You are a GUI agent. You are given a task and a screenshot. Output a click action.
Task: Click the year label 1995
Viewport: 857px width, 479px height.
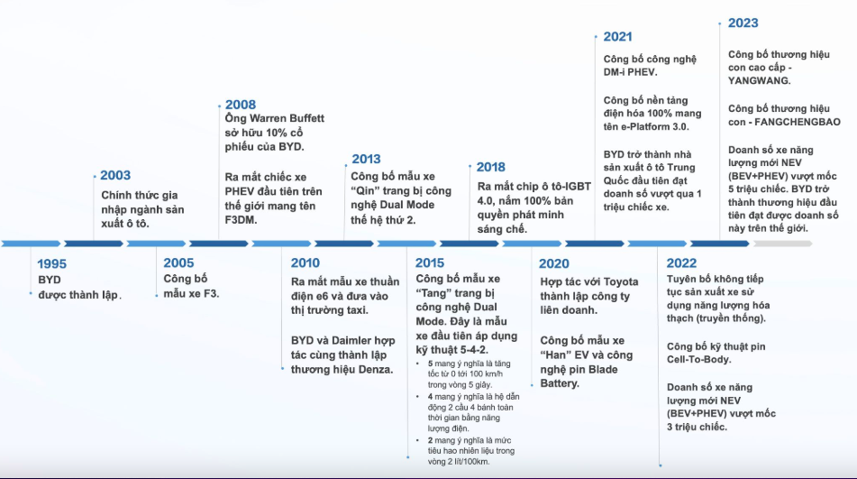pos(52,263)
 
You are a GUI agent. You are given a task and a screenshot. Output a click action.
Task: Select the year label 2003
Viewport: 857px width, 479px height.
pos(115,175)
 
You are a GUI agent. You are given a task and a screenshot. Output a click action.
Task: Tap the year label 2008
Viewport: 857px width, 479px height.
pos(241,105)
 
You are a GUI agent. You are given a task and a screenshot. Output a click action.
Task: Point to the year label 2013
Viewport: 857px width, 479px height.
pos(366,159)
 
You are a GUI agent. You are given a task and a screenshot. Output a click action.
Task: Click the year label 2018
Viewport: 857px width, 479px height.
pos(491,167)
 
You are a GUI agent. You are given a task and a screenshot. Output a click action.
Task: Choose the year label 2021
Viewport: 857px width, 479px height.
pos(617,37)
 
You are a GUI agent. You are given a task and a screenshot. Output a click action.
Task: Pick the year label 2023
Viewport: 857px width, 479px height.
pos(743,23)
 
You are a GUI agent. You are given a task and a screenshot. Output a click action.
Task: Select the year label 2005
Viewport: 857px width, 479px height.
pos(178,263)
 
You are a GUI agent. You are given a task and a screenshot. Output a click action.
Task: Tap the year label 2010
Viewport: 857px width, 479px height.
pos(305,263)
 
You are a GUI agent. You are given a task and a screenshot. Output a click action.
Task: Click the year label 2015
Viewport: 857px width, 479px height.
pos(430,263)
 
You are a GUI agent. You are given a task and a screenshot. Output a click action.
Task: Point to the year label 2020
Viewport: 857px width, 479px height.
pos(554,263)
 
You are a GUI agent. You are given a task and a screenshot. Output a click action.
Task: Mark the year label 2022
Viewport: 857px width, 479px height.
pos(681,263)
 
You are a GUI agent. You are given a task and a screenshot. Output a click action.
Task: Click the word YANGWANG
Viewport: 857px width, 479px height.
pos(759,80)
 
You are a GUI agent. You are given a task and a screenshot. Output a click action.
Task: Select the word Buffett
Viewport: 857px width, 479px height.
pos(305,118)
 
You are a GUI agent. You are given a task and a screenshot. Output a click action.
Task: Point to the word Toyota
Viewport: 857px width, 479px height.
pos(621,281)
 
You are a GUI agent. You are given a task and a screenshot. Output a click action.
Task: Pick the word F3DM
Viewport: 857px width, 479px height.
pos(241,220)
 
